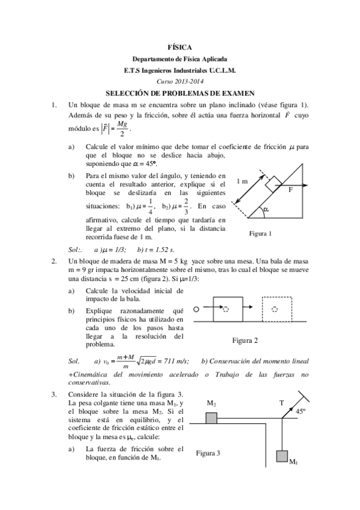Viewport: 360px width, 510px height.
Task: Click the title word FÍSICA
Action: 180,47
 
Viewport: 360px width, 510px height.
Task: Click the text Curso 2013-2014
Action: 180,81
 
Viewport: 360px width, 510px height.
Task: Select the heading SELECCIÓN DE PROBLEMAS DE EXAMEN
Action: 180,93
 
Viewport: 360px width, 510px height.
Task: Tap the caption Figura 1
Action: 261,233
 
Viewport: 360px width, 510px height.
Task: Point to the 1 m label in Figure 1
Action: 242,181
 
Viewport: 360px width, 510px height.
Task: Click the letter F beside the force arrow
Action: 290,189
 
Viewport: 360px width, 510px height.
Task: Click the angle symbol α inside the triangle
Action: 265,209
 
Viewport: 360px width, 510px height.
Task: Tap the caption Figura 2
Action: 245,340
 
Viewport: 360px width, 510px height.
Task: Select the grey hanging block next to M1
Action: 282,456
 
